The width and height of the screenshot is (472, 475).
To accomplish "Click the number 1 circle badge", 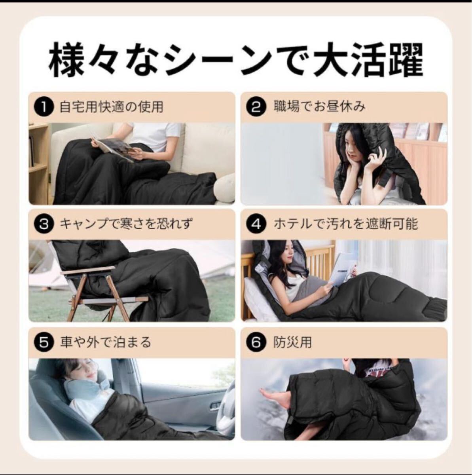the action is (44, 108).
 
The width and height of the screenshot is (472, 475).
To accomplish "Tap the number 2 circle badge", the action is (256, 108).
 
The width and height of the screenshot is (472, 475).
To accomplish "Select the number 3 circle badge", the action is (44, 224).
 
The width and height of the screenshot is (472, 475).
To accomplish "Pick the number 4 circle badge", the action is (256, 224).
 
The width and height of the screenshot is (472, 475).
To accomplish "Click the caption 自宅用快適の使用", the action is (112, 107).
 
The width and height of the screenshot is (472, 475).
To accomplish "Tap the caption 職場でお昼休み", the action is (319, 107).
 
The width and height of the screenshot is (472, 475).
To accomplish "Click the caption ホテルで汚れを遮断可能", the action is (346, 224).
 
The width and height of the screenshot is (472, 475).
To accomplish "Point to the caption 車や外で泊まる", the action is (105, 342).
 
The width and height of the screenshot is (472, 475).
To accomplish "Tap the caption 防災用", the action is (292, 342).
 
